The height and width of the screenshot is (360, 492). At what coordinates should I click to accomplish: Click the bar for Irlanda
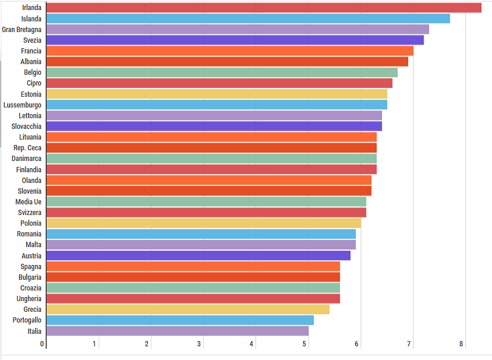coord(263,8)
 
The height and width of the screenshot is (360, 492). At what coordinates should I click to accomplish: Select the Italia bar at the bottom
coord(177,331)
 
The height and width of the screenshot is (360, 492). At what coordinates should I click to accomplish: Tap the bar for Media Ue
coord(206,202)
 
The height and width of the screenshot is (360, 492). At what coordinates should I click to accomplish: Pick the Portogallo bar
coord(179,320)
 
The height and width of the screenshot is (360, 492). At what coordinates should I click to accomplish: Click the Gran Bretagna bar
coord(237,30)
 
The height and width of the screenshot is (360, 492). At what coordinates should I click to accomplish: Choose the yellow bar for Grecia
coord(187,310)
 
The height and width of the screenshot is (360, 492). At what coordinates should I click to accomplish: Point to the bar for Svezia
coord(235,40)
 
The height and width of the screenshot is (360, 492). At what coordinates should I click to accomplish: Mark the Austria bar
coord(198,255)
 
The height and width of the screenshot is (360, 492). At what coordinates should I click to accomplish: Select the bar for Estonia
coord(216,94)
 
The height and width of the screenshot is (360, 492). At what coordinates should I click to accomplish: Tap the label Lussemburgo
coord(22,105)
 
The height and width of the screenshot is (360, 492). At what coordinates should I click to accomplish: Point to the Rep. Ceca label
coord(27,148)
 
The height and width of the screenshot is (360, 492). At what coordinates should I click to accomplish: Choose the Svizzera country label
coord(29,213)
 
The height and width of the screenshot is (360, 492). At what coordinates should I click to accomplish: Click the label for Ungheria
coord(29,299)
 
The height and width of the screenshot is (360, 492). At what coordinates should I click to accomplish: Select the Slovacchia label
coord(26,127)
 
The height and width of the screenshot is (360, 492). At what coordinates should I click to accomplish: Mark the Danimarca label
coord(26,159)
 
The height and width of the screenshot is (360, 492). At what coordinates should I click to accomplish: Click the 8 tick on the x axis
coord(461,344)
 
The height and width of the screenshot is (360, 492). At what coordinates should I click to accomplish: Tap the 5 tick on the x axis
coord(305,344)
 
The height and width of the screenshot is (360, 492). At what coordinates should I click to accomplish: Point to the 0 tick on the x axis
coord(42,344)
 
